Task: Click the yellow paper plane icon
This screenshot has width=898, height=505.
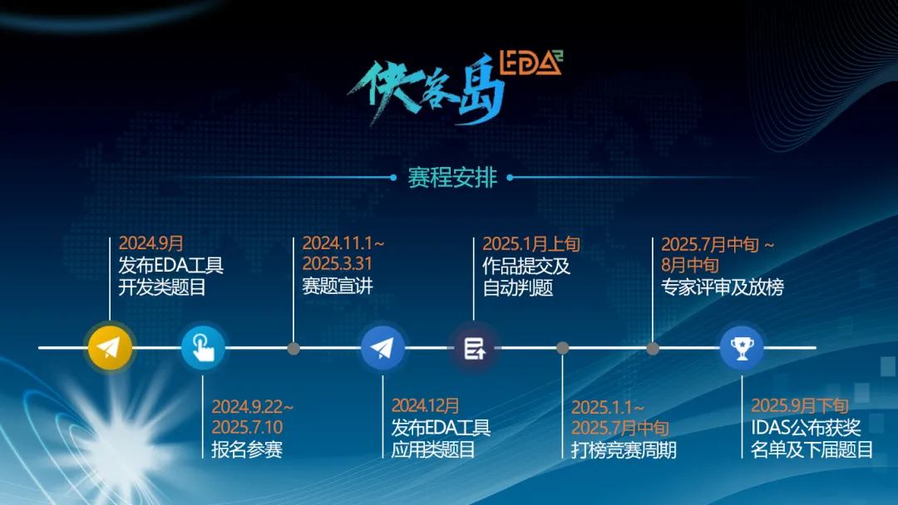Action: [110, 347]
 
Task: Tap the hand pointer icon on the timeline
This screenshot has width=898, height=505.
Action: [203, 347]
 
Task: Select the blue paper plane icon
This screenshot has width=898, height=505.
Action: [382, 347]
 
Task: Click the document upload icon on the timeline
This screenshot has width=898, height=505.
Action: [474, 348]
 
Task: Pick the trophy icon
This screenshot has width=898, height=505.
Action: [742, 347]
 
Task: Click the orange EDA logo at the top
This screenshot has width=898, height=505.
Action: [531, 62]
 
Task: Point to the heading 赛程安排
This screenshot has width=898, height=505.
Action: [452, 177]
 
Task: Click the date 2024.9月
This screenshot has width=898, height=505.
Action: [150, 243]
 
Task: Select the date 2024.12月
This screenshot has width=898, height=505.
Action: [425, 405]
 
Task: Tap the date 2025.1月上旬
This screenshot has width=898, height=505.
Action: [530, 244]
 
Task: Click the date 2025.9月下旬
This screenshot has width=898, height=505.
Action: [800, 405]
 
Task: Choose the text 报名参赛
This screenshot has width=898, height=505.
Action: [247, 449]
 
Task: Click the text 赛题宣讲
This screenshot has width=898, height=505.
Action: [338, 286]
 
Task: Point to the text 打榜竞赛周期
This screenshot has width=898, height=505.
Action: [624, 450]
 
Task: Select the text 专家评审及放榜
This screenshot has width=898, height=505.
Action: [723, 287]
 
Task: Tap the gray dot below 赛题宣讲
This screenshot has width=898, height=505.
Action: [294, 348]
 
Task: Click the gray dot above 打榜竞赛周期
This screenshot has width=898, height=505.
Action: [562, 348]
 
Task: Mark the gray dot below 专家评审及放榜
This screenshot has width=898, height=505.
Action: [653, 348]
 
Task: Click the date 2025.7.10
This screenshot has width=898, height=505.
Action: [247, 427]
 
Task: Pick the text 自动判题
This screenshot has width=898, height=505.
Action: [518, 287]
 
